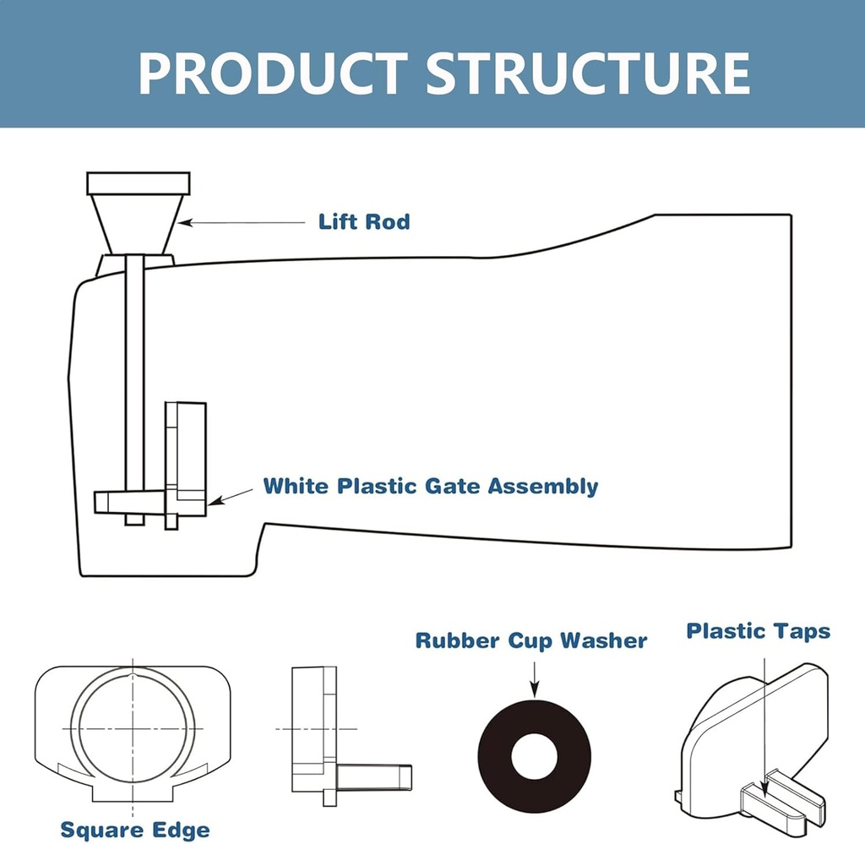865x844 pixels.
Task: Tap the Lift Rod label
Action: (363, 222)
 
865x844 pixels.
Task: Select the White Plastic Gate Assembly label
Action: (431, 487)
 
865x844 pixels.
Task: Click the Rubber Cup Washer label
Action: (530, 641)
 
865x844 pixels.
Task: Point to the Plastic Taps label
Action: (758, 631)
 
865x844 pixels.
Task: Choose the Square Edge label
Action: (135, 830)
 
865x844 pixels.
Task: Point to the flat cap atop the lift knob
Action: (139, 182)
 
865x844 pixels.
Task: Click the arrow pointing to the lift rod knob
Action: (241, 223)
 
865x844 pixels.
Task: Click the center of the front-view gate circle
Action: (133, 727)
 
